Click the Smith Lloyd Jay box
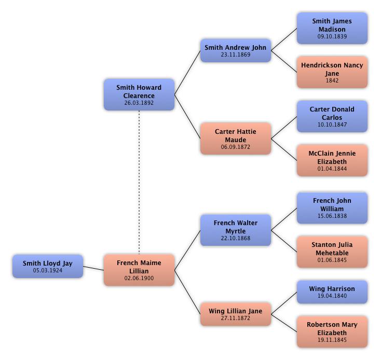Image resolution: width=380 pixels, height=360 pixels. [x=48, y=266]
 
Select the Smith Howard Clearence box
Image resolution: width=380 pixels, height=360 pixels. [x=139, y=94]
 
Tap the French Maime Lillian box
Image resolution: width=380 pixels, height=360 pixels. [x=139, y=270]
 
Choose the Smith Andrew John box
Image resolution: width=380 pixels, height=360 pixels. [x=236, y=50]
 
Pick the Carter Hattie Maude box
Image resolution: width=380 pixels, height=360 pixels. [x=236, y=139]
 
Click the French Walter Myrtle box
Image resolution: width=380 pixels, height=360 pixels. [x=236, y=230]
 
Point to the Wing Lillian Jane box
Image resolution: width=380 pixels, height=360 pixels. [x=236, y=314]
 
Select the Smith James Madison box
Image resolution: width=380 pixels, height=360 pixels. [x=332, y=28]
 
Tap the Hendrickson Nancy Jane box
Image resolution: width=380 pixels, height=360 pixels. [x=332, y=72]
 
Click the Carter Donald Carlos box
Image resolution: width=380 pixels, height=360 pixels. [x=332, y=116]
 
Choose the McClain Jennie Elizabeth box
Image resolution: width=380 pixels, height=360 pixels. [x=332, y=160]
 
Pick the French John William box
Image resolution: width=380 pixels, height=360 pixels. [x=332, y=207]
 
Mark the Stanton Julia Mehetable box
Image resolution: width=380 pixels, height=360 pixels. [x=332, y=252]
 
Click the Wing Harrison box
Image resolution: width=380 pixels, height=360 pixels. [x=332, y=292]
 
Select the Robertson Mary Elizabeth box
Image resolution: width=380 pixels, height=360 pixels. [x=332, y=331]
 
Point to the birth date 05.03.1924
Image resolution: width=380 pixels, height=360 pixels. [x=48, y=270]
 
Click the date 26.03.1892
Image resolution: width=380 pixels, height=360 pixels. [x=139, y=103]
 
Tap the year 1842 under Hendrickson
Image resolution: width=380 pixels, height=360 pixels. [x=332, y=80]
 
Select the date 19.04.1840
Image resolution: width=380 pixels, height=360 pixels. [x=332, y=296]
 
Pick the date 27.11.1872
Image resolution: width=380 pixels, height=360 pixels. [x=236, y=318]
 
